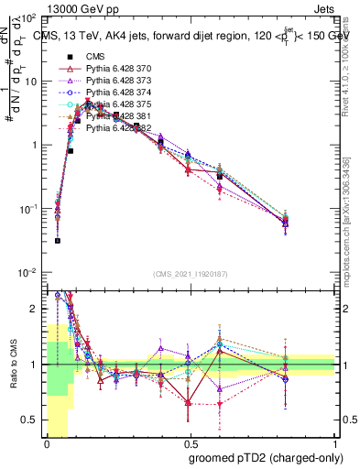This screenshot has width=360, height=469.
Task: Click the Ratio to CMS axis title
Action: [x=13, y=365]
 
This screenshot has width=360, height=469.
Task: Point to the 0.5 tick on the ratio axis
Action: [x=33, y=420]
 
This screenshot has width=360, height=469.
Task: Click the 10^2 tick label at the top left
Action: [x=29, y=17]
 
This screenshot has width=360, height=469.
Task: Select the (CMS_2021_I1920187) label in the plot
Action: [x=191, y=274]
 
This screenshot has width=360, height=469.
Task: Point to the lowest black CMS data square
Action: [x=58, y=241]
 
